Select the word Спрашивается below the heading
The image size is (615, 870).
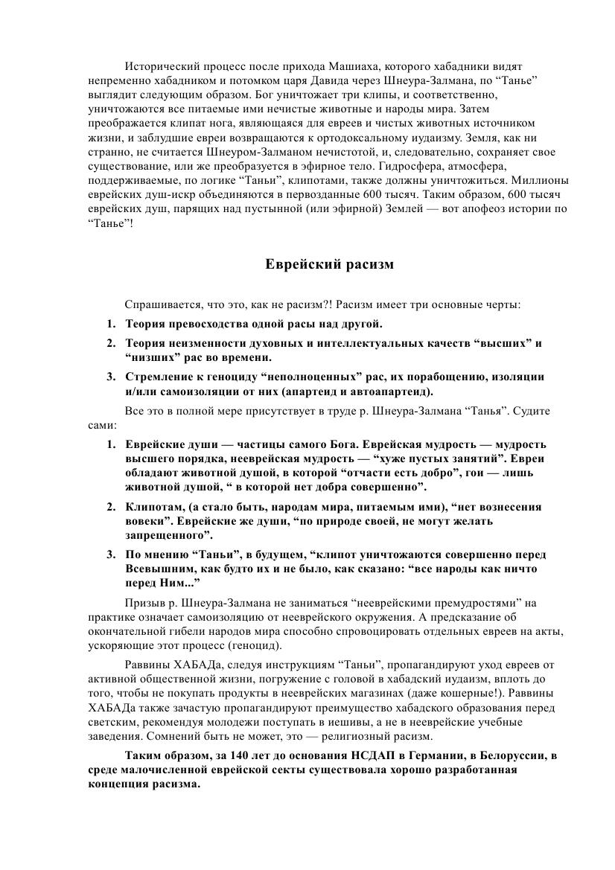pos(158,305)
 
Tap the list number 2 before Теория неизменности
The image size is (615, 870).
pos(109,343)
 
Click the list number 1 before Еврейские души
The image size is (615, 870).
pos(109,444)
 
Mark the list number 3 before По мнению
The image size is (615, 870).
pos(109,554)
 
